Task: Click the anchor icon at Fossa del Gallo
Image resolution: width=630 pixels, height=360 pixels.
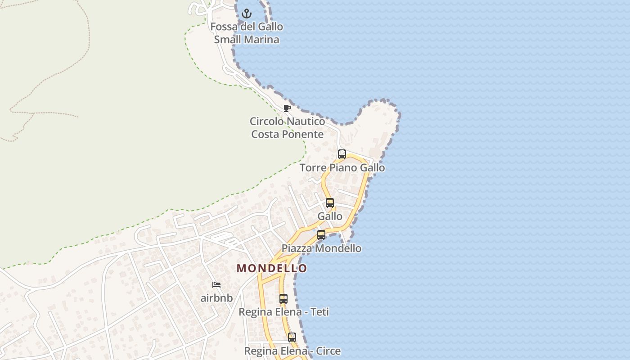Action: pyautogui.click(x=246, y=14)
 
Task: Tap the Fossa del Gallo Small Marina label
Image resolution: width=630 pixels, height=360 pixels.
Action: pyautogui.click(x=247, y=33)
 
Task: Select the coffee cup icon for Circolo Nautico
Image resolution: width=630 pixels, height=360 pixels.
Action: pyautogui.click(x=287, y=108)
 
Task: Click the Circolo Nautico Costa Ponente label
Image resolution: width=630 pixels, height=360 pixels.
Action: pyautogui.click(x=288, y=128)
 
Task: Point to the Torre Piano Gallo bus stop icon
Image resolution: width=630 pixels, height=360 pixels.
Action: pyautogui.click(x=342, y=154)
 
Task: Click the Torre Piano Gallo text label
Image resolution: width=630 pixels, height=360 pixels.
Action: pyautogui.click(x=342, y=168)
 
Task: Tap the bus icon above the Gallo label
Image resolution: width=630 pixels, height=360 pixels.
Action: pyautogui.click(x=330, y=203)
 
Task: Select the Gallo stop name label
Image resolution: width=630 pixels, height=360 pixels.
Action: pyautogui.click(x=330, y=216)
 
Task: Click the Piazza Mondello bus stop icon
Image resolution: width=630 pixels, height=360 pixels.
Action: pyautogui.click(x=321, y=235)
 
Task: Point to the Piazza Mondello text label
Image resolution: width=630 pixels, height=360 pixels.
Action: pyautogui.click(x=321, y=248)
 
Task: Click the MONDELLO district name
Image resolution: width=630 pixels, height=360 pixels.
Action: pyautogui.click(x=272, y=268)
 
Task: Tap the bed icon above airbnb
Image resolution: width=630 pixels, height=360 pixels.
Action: pyautogui.click(x=216, y=285)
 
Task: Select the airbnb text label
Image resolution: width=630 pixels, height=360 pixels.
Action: pyautogui.click(x=216, y=298)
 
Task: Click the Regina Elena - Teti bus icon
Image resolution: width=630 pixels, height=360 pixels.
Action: pyautogui.click(x=283, y=299)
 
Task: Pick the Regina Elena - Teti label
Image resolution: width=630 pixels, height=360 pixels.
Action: pyautogui.click(x=283, y=312)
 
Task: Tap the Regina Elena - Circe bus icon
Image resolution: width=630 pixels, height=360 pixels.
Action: pyautogui.click(x=292, y=337)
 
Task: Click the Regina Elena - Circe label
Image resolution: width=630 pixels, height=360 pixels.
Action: pyautogui.click(x=292, y=351)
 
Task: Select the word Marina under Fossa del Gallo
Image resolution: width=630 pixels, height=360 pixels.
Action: pyautogui.click(x=262, y=40)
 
